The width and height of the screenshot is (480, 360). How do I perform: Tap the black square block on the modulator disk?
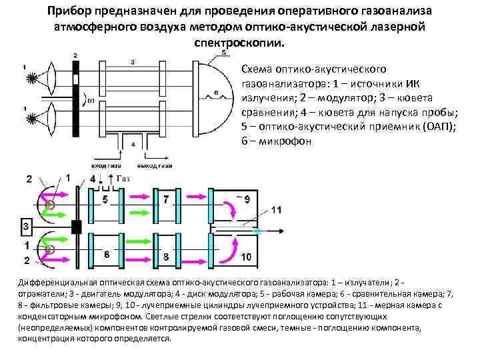coord(76,227)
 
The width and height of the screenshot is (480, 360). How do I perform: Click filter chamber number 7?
coord(167,199)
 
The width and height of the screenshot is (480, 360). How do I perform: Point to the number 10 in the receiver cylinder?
coord(245,256)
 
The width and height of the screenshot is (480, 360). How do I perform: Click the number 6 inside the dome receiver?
coord(217,91)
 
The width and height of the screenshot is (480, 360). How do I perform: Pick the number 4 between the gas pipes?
coord(134,144)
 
